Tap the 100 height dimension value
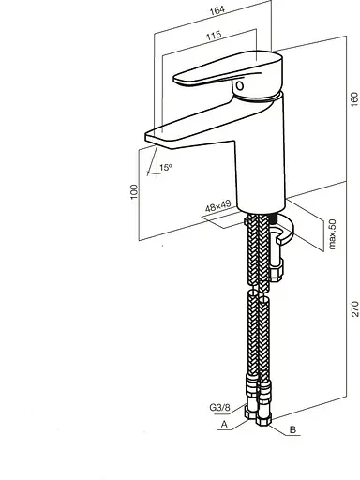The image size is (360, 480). pyautogui.click(x=134, y=190)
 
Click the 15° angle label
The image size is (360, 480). pyautogui.click(x=165, y=168)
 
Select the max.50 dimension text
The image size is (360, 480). pyautogui.click(x=333, y=234)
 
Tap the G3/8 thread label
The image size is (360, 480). pyautogui.click(x=222, y=407)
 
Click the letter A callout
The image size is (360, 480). pyautogui.click(x=224, y=425)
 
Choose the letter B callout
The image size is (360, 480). pyautogui.click(x=293, y=429)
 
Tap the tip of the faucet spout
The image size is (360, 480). pyautogui.click(x=149, y=138)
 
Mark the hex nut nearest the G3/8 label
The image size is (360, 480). pyautogui.click(x=252, y=412)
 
